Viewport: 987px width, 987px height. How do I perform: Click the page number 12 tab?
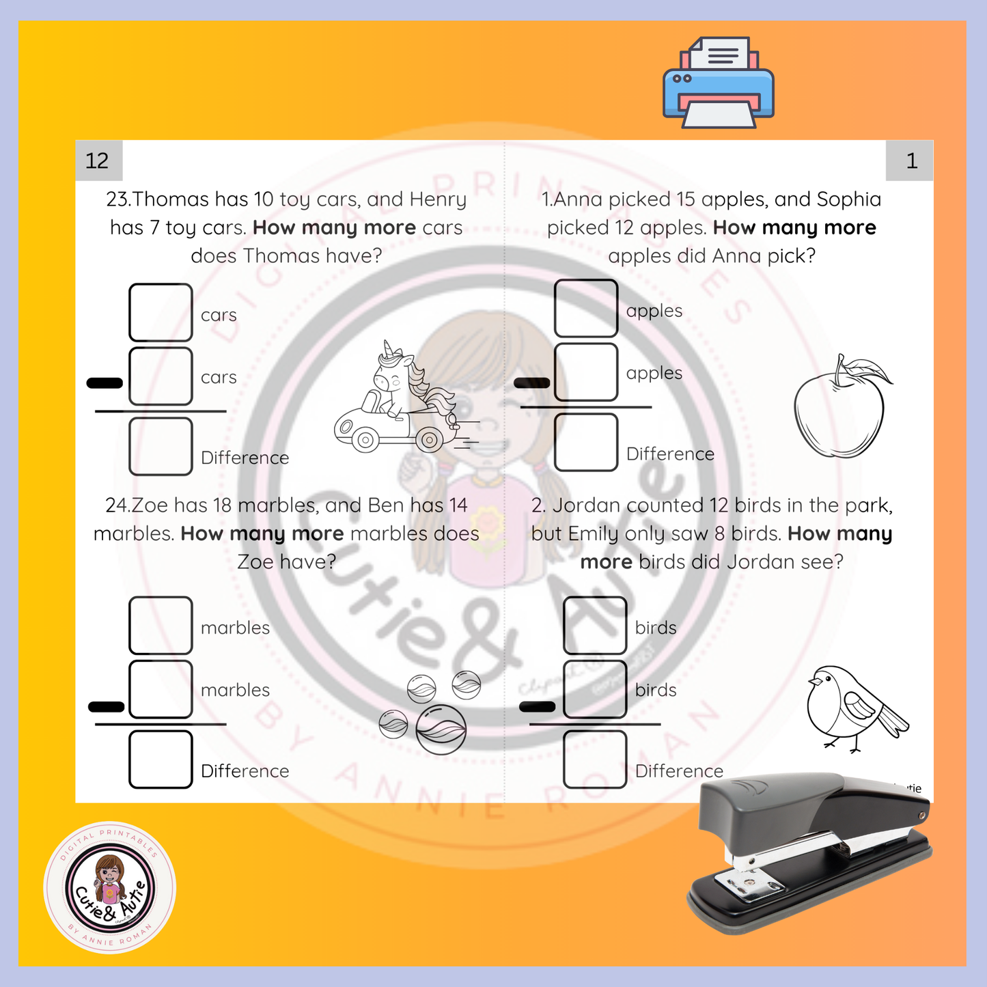point(98,161)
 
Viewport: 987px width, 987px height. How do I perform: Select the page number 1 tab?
point(910,161)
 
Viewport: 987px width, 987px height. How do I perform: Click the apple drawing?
point(841,407)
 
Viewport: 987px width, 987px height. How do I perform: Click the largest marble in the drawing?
point(441,729)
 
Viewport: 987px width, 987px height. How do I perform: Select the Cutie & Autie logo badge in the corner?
point(110,887)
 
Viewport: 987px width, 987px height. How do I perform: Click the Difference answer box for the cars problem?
point(161,446)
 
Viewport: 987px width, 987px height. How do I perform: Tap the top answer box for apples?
point(586,308)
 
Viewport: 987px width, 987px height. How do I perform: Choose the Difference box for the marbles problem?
point(161,759)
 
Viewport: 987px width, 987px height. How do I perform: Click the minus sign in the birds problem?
point(538,706)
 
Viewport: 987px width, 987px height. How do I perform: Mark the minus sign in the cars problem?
point(105,383)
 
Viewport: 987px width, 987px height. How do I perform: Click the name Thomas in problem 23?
point(170,199)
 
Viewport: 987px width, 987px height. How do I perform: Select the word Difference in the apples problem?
point(670,454)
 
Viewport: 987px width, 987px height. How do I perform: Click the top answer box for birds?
point(595,626)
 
